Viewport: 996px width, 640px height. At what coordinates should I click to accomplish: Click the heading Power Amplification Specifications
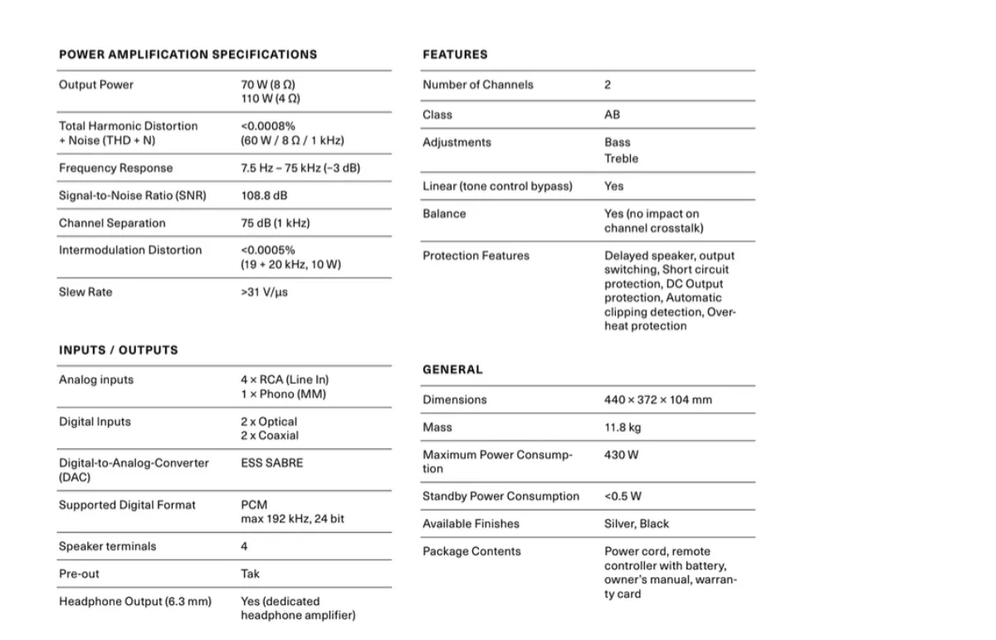tap(188, 55)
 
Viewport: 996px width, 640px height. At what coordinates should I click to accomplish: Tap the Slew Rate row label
tap(85, 292)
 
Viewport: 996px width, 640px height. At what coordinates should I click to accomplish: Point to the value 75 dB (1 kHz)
tap(276, 223)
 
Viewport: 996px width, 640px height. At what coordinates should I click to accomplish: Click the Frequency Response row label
tap(115, 168)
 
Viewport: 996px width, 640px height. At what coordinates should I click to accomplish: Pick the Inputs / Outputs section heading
tap(118, 350)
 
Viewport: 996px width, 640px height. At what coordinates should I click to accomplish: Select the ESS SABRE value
tap(272, 463)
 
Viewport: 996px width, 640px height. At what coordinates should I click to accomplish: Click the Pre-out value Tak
tap(250, 574)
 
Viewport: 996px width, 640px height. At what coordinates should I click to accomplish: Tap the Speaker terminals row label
tap(107, 546)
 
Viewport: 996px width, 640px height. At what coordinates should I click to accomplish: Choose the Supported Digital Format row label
tap(127, 505)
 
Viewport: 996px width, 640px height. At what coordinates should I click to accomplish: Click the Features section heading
tap(455, 55)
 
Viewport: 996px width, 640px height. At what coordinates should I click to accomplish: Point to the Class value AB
tap(612, 115)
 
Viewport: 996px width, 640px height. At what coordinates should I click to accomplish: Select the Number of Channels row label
tap(478, 85)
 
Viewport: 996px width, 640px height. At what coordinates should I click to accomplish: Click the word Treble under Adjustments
tap(621, 159)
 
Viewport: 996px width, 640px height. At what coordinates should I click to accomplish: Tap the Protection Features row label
tap(476, 256)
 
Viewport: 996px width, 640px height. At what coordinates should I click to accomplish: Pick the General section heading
tap(452, 369)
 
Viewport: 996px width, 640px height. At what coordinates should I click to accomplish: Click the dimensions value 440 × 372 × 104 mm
tap(657, 399)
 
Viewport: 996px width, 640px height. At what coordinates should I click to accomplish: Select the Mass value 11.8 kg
tap(622, 427)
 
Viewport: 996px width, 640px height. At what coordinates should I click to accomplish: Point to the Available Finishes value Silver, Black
tap(636, 524)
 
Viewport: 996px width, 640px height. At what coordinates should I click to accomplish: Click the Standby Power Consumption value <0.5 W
tap(622, 496)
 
